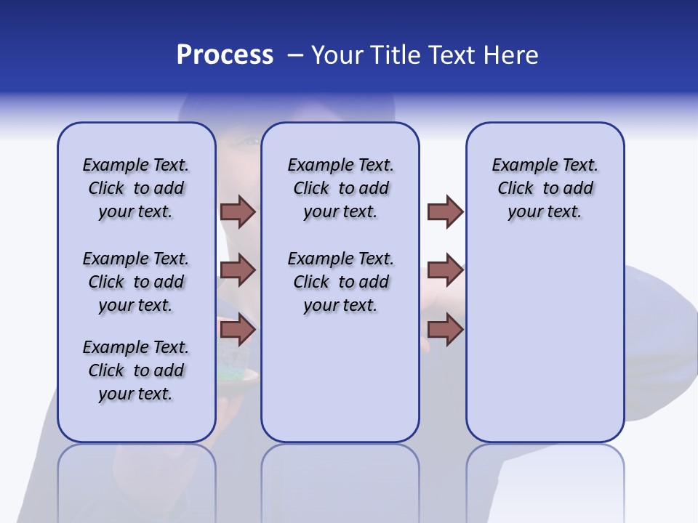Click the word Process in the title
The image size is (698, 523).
225,55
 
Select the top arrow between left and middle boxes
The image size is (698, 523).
238,211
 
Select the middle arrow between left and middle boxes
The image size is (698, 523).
238,270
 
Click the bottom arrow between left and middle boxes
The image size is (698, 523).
238,330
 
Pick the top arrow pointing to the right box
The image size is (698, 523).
445,211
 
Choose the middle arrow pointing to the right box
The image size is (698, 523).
445,270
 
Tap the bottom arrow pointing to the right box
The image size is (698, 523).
445,330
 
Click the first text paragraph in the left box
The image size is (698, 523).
136,188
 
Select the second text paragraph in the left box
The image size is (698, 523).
136,282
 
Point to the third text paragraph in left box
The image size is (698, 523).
136,370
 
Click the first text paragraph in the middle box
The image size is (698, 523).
340,188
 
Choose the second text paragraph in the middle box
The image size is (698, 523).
340,282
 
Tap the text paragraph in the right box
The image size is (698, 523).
545,188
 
